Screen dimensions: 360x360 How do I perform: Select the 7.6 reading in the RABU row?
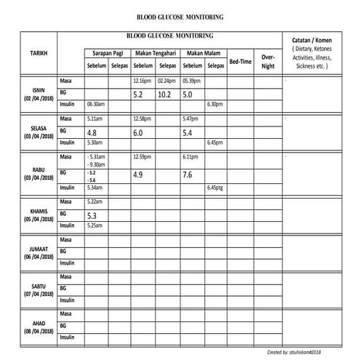point(187,175)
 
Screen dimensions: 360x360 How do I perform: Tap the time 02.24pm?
point(167,81)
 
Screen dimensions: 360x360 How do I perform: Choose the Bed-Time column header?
point(240,62)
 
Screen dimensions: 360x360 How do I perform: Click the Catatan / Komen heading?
point(311,39)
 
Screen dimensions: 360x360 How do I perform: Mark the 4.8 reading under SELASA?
point(92,133)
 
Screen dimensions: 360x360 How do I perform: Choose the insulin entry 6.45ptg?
point(215,188)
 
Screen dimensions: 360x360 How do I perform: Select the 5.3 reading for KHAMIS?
point(92,216)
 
